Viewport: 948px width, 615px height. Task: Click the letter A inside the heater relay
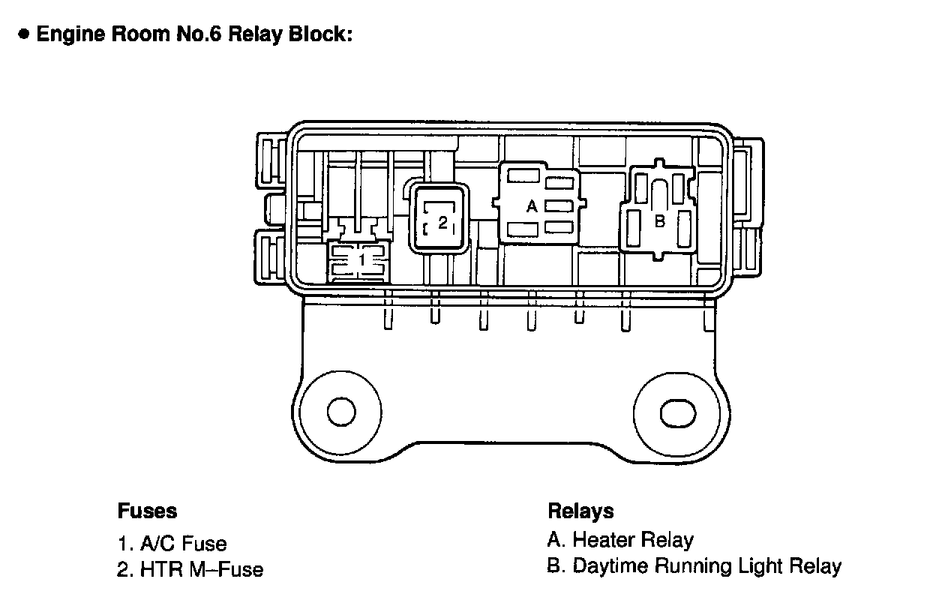532,206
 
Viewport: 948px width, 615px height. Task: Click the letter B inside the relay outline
660,221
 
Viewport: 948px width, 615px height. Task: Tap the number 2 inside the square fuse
442,222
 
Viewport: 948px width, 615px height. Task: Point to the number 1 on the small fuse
361,259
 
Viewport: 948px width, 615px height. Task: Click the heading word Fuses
147,511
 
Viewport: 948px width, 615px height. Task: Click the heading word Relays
580,511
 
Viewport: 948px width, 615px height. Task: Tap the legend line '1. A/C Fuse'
172,543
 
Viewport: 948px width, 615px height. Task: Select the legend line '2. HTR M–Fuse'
190,570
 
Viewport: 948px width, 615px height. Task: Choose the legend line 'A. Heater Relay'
620,540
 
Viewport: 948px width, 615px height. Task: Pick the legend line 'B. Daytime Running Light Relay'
694,566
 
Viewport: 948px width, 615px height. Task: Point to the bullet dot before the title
25,34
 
